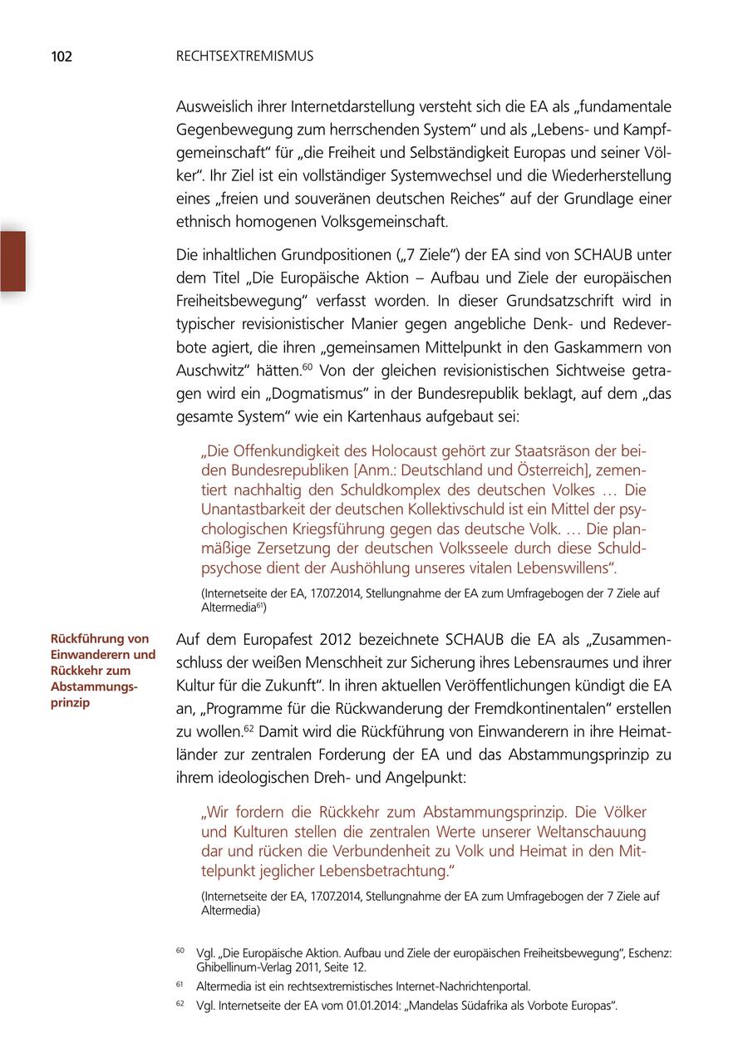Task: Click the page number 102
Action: [62, 57]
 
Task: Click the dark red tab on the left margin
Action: [12, 261]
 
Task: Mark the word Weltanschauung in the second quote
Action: [589, 832]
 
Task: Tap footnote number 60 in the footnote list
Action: [180, 950]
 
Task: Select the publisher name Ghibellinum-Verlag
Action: [250, 967]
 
